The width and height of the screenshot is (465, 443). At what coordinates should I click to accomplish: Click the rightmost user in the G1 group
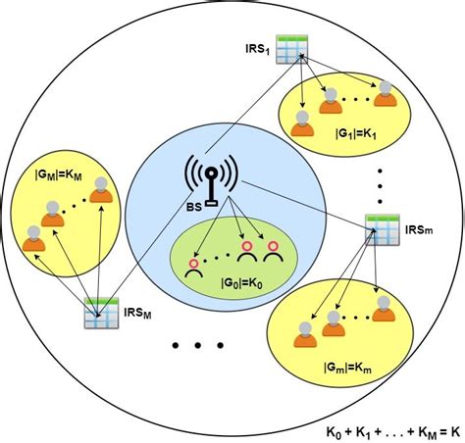pyautogui.click(x=387, y=94)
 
